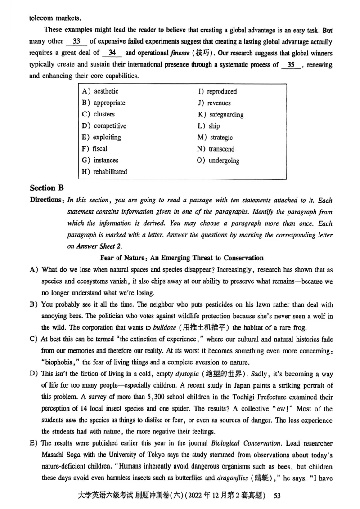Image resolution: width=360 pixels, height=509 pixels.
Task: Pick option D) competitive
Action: click(x=104, y=126)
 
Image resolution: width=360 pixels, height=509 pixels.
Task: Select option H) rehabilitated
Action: click(x=104, y=171)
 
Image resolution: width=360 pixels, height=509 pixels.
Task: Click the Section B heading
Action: click(x=47, y=188)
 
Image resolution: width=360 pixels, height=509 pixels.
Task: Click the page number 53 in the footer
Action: click(x=277, y=496)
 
